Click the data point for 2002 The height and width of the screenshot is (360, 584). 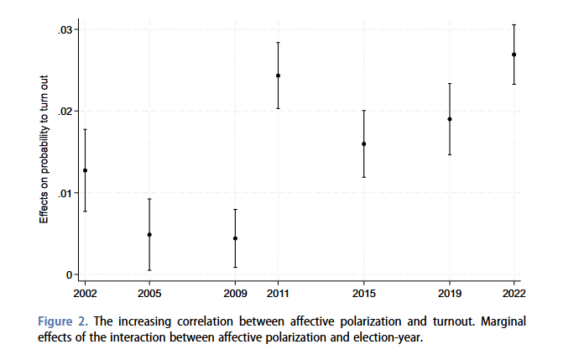click(x=85, y=170)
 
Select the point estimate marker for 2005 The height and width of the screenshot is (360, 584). click(x=149, y=235)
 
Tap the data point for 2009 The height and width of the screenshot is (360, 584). click(x=235, y=238)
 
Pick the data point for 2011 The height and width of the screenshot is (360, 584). click(x=278, y=76)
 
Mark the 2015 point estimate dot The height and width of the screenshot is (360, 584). click(x=363, y=143)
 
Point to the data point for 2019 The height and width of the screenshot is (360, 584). click(x=450, y=119)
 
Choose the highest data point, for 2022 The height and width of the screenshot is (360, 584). click(x=514, y=55)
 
